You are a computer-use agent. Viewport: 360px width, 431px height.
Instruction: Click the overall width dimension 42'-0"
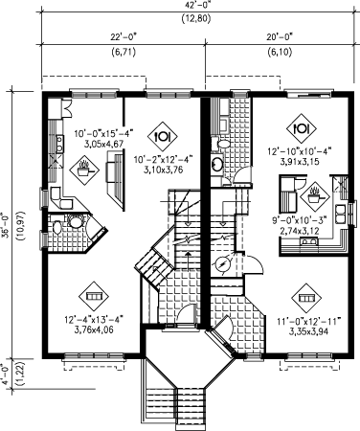coord(196,6)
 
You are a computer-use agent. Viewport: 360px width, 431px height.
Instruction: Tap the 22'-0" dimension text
coord(124,37)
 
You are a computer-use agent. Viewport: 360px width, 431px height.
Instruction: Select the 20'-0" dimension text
coord(280,37)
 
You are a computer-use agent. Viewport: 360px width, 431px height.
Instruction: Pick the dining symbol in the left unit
coord(163,136)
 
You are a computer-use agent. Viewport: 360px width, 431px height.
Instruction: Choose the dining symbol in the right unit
coord(302,128)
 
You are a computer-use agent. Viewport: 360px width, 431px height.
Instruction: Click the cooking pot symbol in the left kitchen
coord(84,170)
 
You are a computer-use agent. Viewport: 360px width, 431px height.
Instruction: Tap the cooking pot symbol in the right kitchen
coord(315,196)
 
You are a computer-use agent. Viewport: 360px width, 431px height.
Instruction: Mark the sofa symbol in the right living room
coord(306,298)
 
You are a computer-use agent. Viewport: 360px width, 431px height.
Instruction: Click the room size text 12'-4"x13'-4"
coord(94,319)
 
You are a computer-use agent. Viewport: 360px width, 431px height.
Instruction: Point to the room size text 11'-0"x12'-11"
coord(309,321)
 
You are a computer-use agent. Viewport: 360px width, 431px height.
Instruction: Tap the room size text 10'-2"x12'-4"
coord(163,159)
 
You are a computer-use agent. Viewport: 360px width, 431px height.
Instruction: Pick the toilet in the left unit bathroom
coord(56,227)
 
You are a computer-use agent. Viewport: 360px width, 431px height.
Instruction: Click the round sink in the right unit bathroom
coord(217,164)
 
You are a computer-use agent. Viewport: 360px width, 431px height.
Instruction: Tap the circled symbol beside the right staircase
coord(223,264)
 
